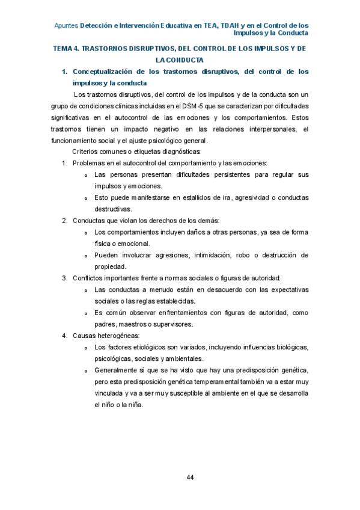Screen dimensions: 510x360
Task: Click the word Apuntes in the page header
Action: coord(66,26)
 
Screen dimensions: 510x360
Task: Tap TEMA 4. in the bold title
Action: coord(67,48)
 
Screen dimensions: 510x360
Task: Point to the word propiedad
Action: coord(110,266)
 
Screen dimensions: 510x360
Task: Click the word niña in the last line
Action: coord(135,404)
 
